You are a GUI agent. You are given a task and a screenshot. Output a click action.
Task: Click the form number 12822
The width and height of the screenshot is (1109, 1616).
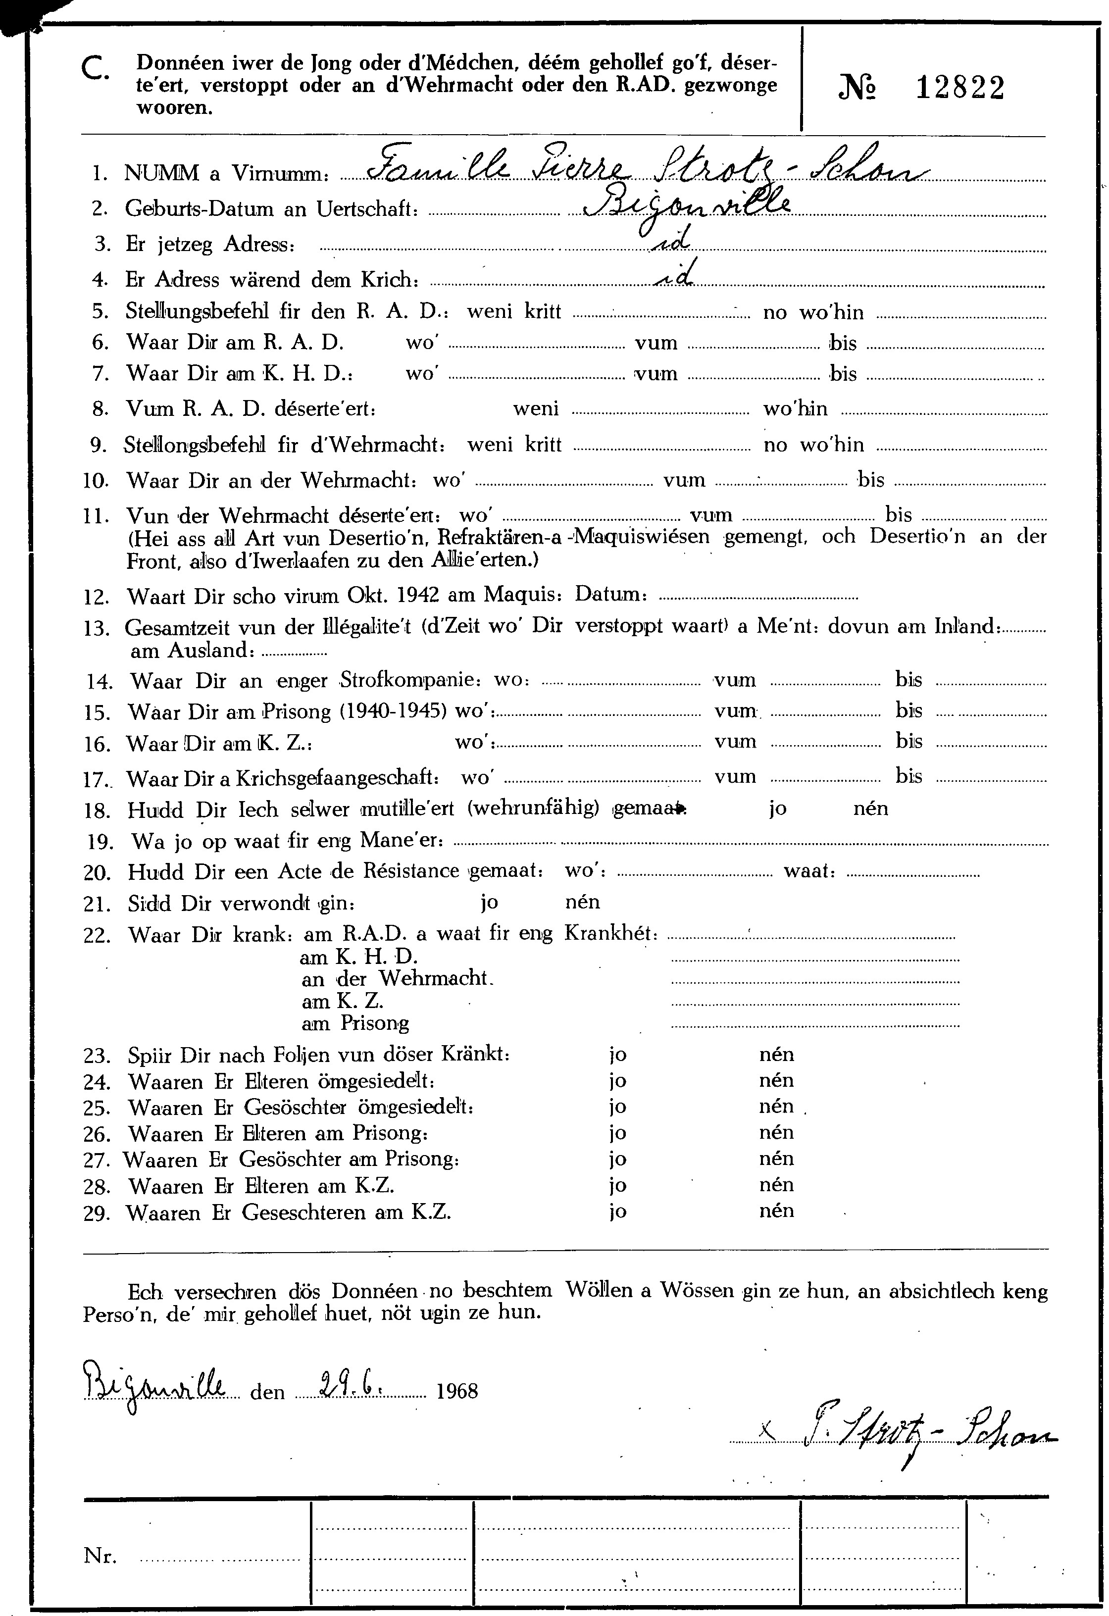(959, 88)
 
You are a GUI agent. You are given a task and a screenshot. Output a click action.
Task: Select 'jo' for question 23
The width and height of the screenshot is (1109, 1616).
(617, 1055)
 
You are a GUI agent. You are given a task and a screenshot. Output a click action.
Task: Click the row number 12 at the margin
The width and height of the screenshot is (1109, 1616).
(96, 597)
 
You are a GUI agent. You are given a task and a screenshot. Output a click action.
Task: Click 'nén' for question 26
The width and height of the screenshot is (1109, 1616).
(776, 1133)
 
